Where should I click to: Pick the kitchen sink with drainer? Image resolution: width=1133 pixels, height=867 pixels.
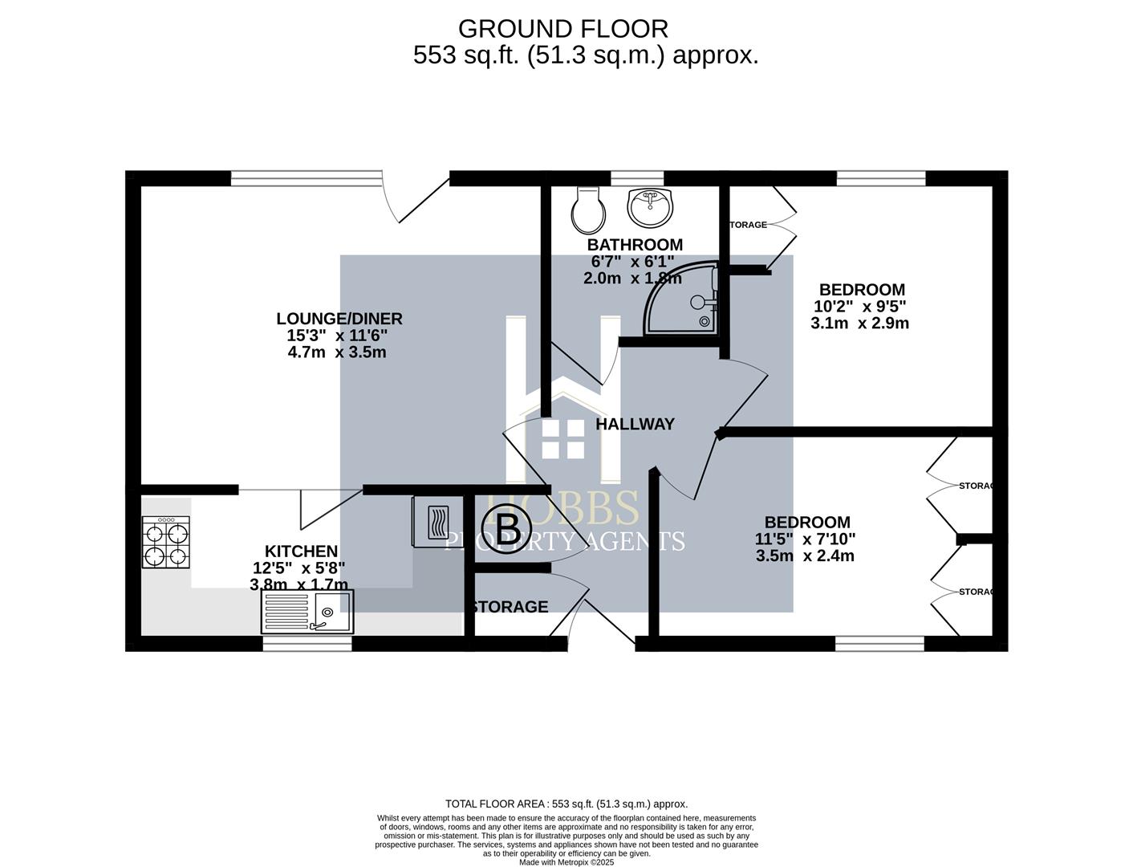tap(307, 613)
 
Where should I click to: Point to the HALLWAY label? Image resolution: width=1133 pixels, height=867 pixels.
tap(635, 424)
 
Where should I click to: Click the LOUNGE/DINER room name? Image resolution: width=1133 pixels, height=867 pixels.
tap(339, 319)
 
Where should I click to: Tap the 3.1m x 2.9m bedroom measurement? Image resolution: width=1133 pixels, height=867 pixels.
tap(859, 324)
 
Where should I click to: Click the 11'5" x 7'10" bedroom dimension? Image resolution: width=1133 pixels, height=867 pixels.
tap(806, 539)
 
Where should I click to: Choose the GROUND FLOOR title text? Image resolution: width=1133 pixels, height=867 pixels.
tap(562, 29)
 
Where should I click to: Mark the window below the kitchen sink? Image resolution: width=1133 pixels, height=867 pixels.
tap(307, 643)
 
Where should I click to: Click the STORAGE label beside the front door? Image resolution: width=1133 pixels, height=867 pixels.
tap(510, 607)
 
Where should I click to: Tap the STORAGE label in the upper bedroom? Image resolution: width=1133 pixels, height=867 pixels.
tap(748, 225)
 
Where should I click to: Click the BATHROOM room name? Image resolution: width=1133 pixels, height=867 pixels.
tap(635, 245)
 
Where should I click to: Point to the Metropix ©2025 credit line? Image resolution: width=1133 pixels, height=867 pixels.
tap(566, 862)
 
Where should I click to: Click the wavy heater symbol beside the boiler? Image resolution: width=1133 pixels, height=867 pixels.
tap(438, 522)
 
